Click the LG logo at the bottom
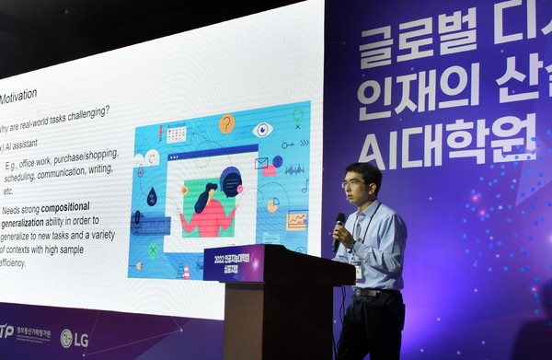click(x=75, y=339)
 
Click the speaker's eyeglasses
click(x=355, y=183)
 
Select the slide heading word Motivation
click(x=18, y=96)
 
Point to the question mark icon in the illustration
click(x=226, y=122)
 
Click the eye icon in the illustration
click(x=262, y=129)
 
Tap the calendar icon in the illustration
click(x=176, y=134)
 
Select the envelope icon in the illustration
click(x=261, y=163)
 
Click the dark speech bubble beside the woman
click(x=230, y=180)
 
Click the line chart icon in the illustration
click(x=296, y=220)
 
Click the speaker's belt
click(x=372, y=292)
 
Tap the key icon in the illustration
click(x=288, y=145)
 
